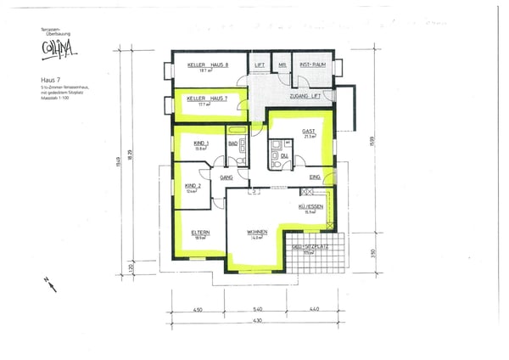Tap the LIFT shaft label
pos(260,65)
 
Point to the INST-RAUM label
pos(313,65)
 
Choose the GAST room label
pos(309,132)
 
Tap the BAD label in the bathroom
pos(232,144)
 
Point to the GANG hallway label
pos(227,177)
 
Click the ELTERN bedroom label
pos(200,232)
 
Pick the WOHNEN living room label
pos(258,232)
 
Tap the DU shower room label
pos(285,156)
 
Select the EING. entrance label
pos(316,177)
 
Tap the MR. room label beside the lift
pos(282,65)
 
